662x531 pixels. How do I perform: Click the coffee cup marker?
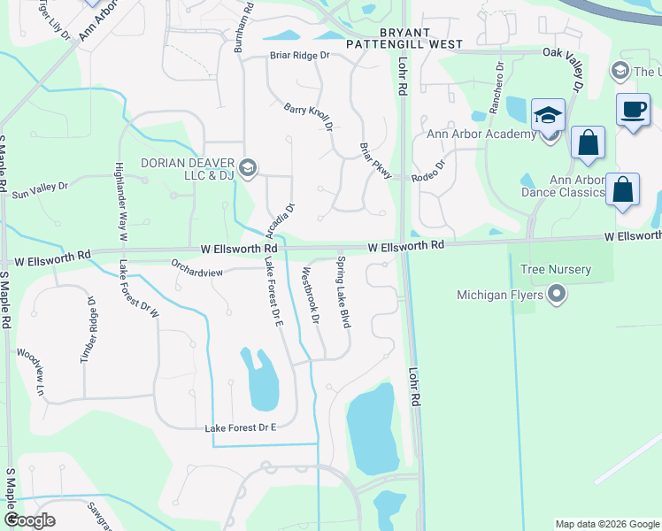632,109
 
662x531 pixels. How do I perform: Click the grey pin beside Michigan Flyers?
557,294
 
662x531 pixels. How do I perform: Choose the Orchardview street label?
197,273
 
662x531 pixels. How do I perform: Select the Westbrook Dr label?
310,295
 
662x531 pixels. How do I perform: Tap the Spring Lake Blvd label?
343,292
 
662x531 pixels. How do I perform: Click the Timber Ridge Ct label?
89,327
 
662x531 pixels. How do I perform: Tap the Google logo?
29,520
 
